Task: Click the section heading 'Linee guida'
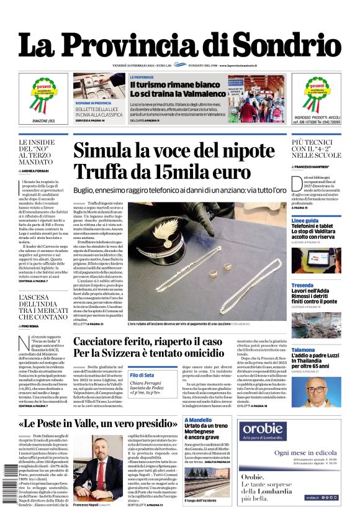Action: point(305,220)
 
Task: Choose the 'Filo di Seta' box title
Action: point(142,375)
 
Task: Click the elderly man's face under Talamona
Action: point(317,390)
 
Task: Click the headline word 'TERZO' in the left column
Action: point(34,155)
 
